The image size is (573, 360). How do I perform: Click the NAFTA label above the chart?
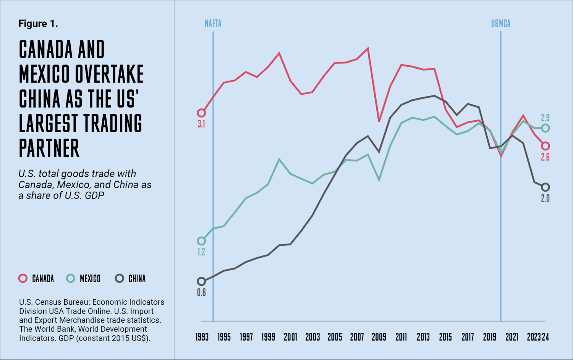(x=213, y=24)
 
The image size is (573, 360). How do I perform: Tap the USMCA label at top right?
(x=500, y=24)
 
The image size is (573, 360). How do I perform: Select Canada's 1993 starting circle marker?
(x=201, y=113)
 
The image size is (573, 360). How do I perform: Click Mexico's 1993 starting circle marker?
(x=201, y=241)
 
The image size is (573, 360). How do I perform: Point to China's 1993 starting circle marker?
(x=201, y=281)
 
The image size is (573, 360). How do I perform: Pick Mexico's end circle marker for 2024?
(x=545, y=128)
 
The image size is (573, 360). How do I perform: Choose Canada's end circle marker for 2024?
(x=545, y=146)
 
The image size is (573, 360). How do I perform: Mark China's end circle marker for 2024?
(x=545, y=187)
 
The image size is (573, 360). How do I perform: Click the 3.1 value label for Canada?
(x=201, y=124)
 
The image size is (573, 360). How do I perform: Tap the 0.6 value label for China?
(x=201, y=293)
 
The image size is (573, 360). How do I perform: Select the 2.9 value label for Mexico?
(x=545, y=118)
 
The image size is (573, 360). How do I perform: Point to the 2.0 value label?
(x=545, y=199)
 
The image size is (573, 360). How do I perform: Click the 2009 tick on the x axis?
(x=379, y=337)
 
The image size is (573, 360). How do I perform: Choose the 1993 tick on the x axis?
(x=202, y=337)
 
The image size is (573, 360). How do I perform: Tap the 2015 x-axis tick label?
(x=445, y=337)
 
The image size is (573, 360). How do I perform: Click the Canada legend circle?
(x=23, y=278)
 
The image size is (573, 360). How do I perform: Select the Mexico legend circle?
(x=71, y=278)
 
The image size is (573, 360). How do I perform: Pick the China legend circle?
(x=120, y=278)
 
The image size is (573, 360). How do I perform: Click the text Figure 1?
(x=38, y=24)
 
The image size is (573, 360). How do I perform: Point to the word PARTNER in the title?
(x=49, y=148)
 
